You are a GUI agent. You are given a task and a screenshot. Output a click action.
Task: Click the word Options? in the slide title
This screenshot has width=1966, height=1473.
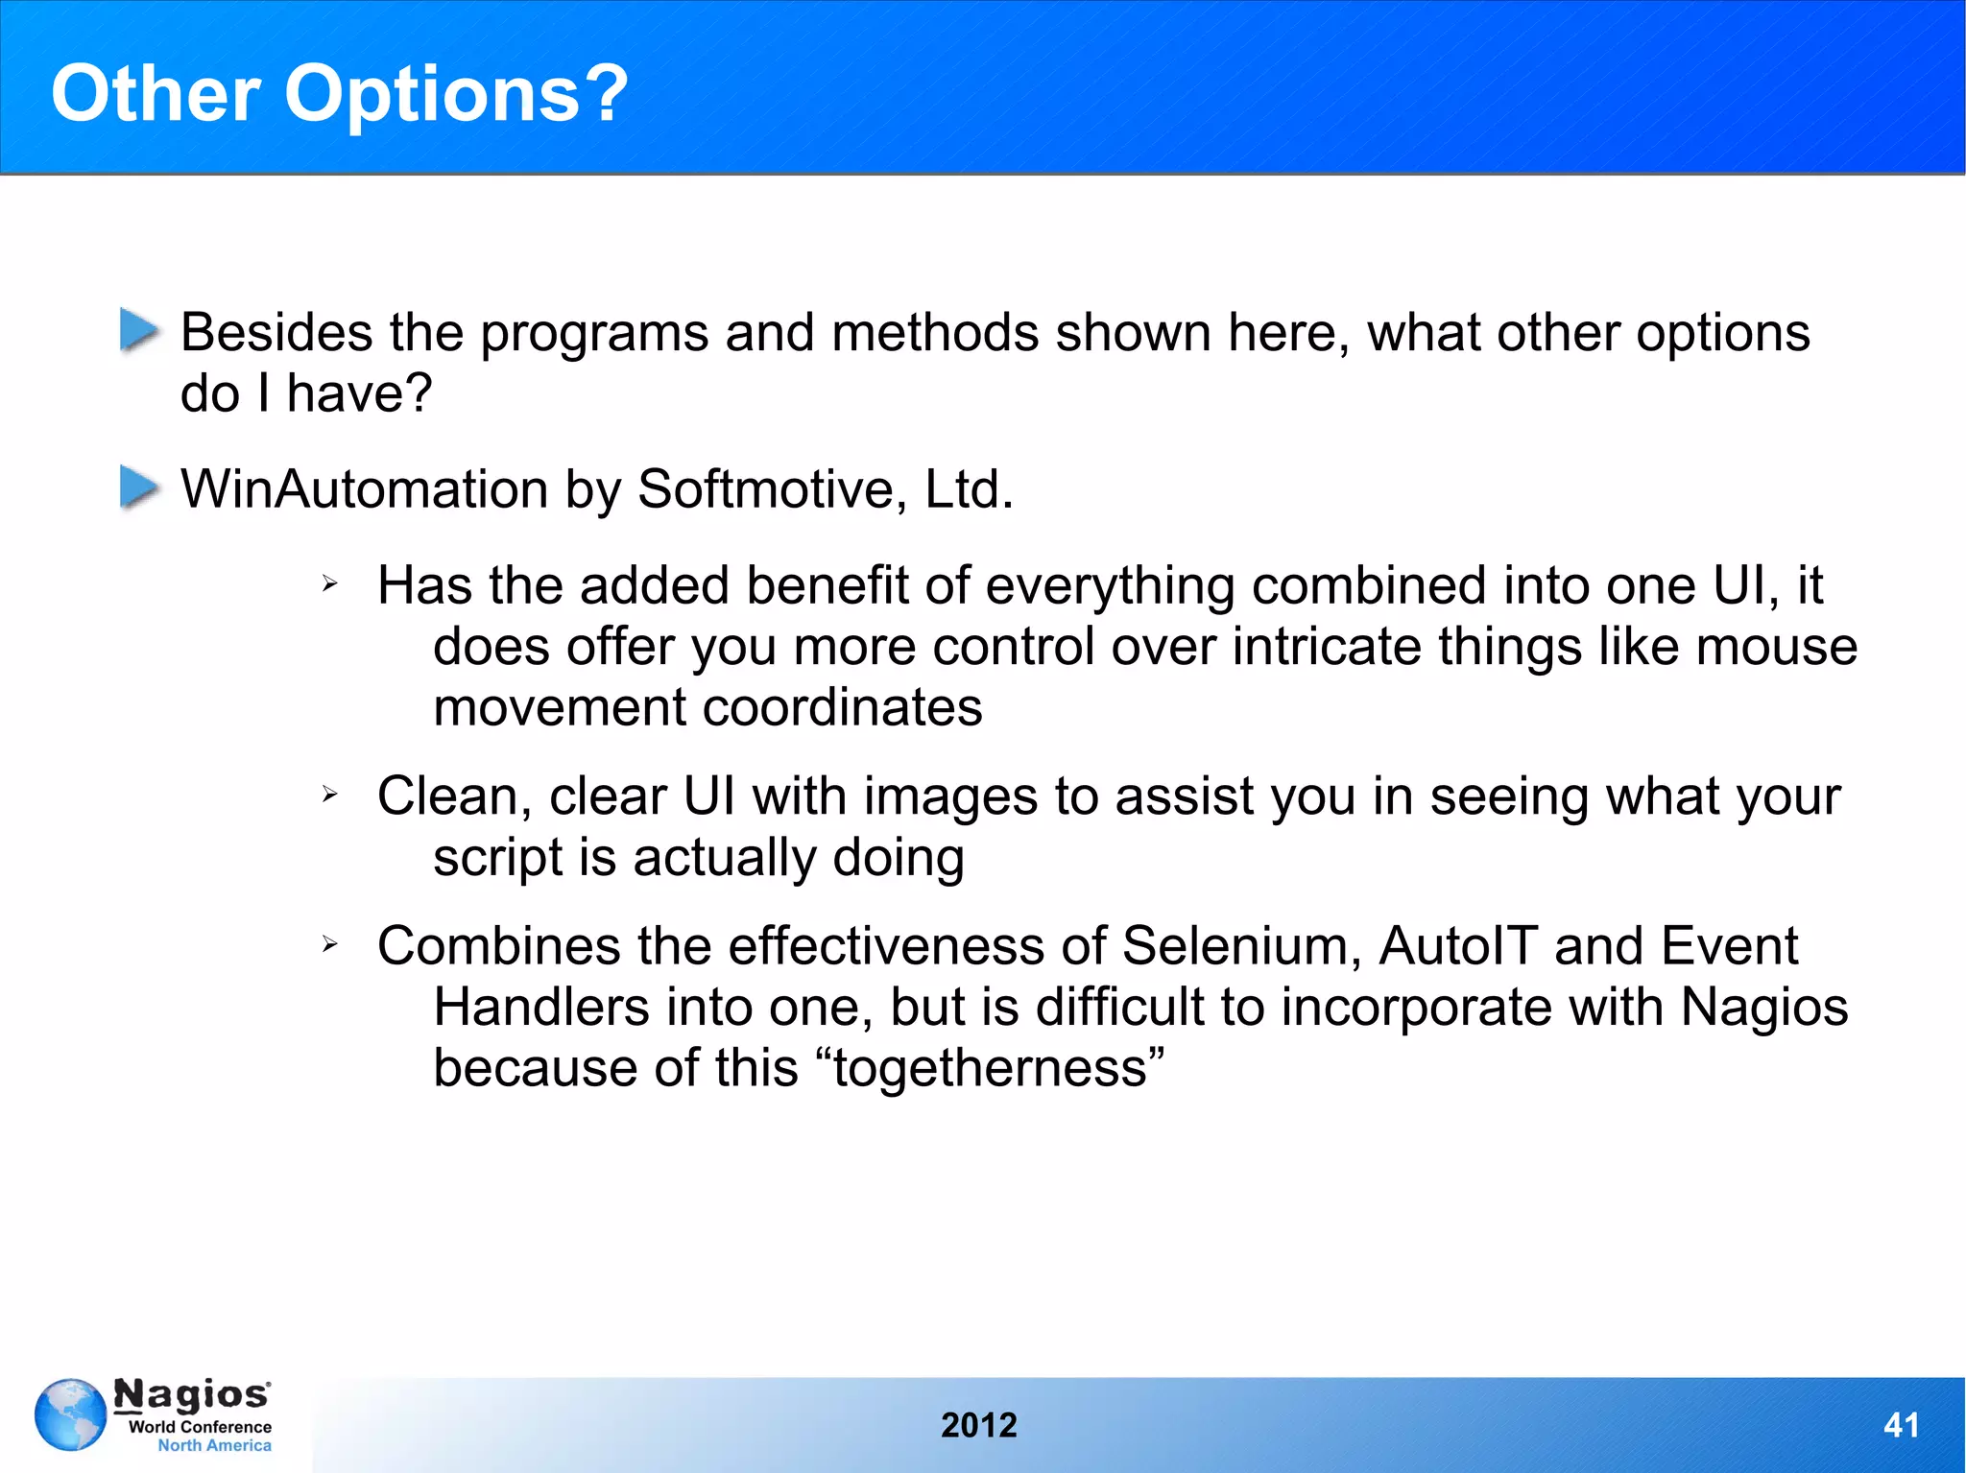[456, 94]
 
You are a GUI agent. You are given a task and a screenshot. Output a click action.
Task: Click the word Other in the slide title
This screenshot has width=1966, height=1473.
[155, 94]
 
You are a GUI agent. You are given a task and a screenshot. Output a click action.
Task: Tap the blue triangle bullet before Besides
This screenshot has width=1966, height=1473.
[139, 330]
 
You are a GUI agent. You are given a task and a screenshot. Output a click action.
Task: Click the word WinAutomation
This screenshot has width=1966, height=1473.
[364, 488]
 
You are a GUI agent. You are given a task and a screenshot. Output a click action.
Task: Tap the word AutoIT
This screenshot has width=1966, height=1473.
[1458, 946]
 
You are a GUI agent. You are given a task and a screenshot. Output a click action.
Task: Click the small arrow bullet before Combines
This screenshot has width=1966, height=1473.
[329, 945]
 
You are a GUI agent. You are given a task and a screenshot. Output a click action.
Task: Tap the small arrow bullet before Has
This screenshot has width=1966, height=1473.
[329, 583]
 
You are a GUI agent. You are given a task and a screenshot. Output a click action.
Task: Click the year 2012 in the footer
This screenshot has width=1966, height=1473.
[978, 1425]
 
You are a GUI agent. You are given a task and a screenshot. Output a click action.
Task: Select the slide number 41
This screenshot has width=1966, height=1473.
[1901, 1425]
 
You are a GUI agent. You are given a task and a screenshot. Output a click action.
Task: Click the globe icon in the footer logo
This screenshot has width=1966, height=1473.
[70, 1414]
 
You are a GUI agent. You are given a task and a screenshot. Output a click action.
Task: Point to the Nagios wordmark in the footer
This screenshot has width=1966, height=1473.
[192, 1394]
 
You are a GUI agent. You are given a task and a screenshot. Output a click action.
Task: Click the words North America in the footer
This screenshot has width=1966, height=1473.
[214, 1445]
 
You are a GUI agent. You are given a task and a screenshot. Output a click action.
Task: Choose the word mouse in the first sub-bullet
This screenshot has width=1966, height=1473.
[1776, 647]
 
